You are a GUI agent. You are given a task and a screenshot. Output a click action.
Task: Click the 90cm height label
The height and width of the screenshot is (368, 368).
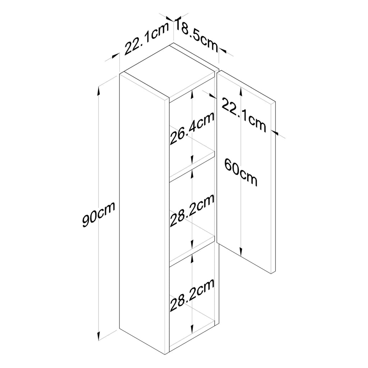(99, 215)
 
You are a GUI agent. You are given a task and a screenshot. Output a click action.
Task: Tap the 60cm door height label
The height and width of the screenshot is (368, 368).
(241, 172)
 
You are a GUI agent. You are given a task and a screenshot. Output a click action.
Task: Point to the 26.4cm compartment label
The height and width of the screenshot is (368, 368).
(192, 128)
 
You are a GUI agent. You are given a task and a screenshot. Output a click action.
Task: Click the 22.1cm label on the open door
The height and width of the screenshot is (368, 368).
(244, 115)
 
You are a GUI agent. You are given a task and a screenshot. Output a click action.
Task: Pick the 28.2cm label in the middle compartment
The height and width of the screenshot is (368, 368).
(192, 210)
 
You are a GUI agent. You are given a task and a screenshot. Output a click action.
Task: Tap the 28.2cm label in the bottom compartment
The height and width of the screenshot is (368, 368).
(192, 295)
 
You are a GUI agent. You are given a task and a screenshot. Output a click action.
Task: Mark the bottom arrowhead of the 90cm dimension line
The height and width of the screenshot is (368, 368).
(99, 336)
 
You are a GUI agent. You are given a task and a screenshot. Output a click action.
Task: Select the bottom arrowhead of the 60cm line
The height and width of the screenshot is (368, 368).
(241, 251)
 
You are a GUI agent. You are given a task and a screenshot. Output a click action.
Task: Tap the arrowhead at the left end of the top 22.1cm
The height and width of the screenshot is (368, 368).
(115, 55)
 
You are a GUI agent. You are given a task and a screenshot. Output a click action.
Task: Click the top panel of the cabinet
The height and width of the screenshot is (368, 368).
(170, 71)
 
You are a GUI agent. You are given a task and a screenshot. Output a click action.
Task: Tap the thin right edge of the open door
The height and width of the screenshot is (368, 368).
(273, 188)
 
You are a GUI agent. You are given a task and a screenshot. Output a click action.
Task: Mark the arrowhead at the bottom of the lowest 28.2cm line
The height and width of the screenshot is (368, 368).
(192, 328)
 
